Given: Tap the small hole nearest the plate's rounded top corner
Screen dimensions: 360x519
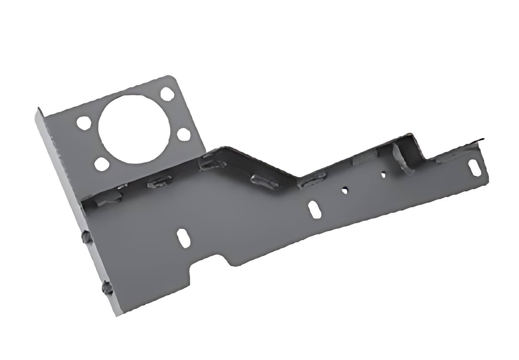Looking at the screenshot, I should click(167, 94).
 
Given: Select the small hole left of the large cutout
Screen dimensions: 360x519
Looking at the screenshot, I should click(84, 123).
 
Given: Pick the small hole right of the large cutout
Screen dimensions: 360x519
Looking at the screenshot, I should click(184, 134).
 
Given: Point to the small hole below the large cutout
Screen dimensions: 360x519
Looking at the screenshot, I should click(102, 164).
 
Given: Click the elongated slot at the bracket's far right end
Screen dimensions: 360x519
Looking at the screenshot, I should click(475, 168).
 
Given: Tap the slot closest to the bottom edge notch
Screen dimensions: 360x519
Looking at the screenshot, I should click(184, 238).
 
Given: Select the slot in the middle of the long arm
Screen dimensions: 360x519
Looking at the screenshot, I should click(314, 209).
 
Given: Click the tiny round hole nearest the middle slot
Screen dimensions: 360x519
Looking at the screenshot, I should click(345, 190).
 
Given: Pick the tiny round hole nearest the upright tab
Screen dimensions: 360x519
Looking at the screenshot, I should click(383, 175).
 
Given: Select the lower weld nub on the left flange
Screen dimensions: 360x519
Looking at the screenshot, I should click(107, 288).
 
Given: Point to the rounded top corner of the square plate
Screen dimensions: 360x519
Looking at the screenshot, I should click(172, 77).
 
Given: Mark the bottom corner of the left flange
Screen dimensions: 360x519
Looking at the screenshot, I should click(117, 315).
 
